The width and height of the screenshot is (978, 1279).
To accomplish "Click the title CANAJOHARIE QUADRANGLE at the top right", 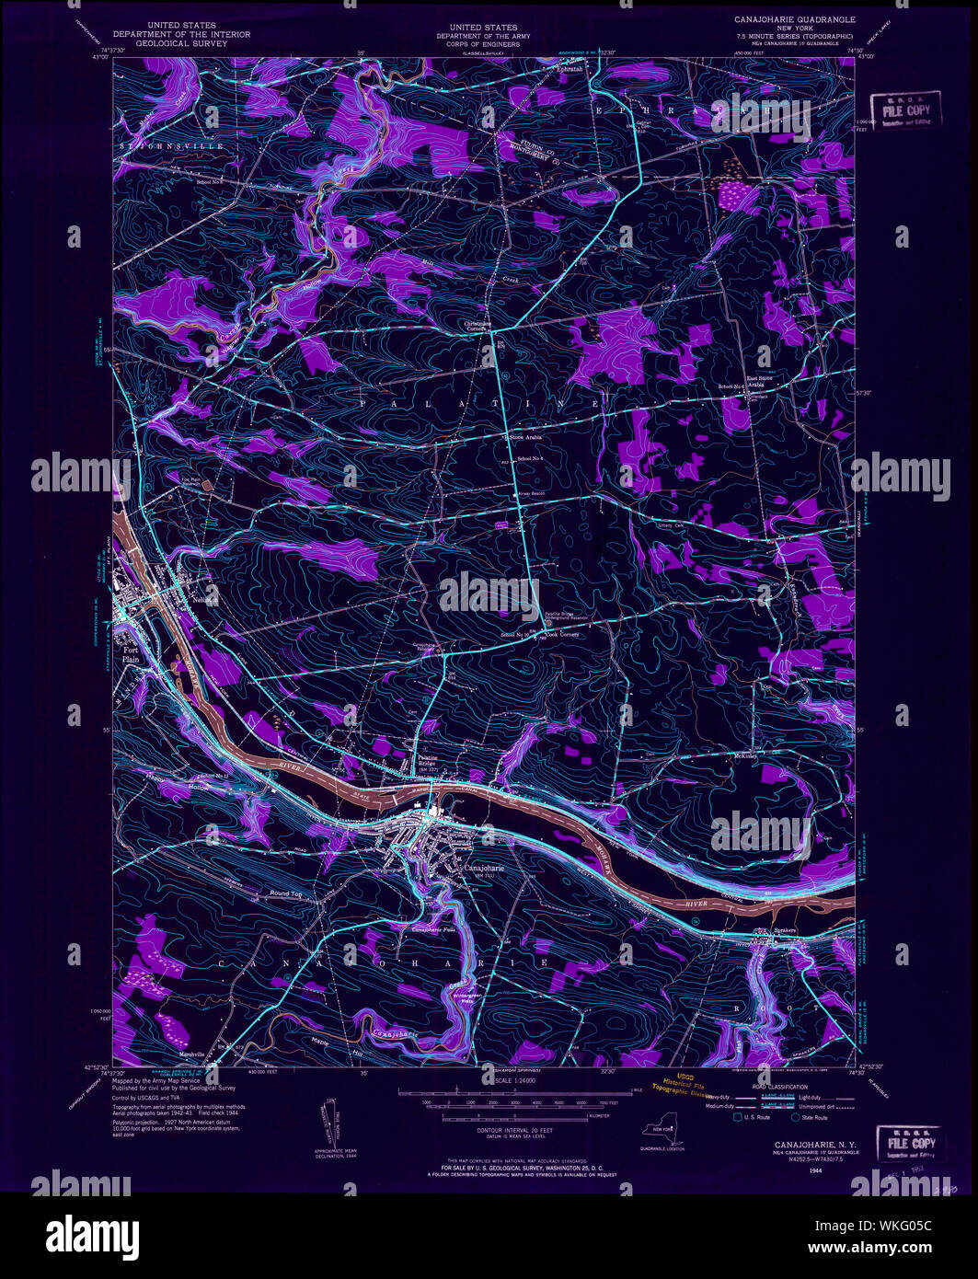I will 794,19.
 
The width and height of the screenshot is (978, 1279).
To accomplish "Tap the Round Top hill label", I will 285,893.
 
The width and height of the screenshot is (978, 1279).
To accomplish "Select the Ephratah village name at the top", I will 567,66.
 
